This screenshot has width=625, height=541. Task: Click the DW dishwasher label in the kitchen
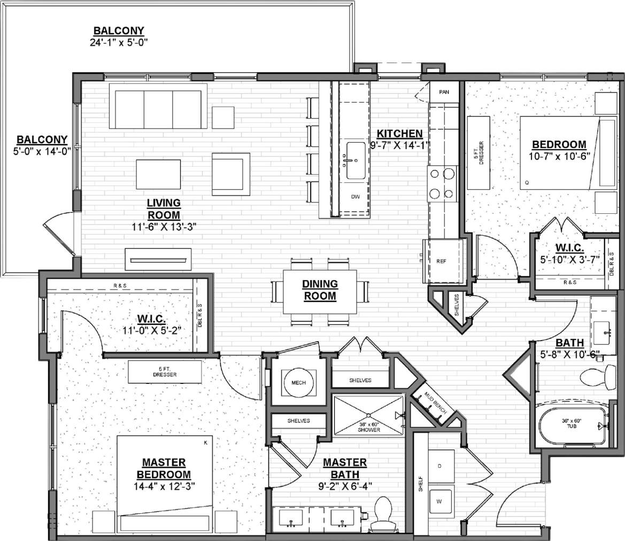[x=354, y=197]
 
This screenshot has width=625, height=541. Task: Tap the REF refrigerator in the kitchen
[x=441, y=261]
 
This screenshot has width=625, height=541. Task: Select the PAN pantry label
[x=444, y=92]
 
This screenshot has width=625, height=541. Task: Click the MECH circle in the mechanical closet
[x=298, y=383]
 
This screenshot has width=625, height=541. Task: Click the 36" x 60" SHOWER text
[x=369, y=428]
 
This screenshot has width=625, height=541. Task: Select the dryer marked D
[x=439, y=466]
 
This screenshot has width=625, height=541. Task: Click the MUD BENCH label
[x=431, y=401]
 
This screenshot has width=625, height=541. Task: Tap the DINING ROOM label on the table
[x=319, y=290]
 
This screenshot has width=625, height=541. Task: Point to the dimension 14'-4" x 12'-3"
[x=164, y=486]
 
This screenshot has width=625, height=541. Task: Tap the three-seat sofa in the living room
[x=158, y=105]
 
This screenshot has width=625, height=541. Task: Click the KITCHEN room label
[x=399, y=134]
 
